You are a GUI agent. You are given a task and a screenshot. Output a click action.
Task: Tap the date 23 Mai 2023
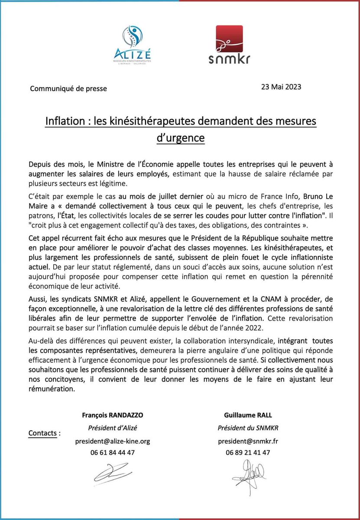281,87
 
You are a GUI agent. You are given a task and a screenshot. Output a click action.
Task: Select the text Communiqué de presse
68,89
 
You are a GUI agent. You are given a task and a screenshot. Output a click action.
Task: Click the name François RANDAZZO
113,415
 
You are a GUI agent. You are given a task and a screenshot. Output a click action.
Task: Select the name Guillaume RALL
247,415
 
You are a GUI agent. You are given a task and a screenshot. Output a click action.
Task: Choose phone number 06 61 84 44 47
113,452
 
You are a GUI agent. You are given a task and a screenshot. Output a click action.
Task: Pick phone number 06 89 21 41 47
247,452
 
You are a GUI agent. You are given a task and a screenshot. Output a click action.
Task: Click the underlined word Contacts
44,433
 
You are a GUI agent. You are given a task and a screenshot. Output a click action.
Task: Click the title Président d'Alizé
113,428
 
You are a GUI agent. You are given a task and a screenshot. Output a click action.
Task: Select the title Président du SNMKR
247,428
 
